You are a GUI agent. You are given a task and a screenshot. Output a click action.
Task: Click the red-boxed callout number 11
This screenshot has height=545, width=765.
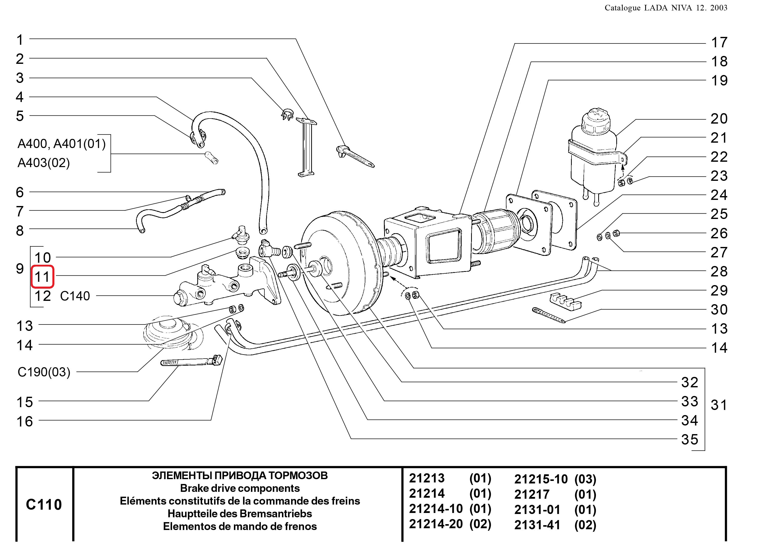42,277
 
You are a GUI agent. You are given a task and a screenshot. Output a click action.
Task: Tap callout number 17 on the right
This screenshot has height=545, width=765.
719,43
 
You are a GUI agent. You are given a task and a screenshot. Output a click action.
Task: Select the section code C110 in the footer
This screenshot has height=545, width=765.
44,504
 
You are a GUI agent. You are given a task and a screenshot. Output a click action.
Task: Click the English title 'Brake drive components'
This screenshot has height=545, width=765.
240,488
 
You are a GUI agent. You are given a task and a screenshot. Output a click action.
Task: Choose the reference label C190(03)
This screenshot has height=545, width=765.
44,372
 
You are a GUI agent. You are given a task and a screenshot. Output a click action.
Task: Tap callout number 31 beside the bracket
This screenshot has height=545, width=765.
719,405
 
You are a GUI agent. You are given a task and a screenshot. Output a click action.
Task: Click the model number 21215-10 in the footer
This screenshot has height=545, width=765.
541,479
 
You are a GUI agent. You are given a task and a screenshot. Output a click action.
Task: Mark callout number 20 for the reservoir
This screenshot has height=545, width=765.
719,119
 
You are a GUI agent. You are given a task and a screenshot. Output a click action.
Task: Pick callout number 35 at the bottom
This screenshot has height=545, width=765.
689,440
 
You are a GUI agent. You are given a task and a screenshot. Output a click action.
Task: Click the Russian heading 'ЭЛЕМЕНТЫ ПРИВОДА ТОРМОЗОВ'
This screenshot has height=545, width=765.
240,476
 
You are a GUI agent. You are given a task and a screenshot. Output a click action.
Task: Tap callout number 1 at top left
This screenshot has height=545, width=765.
20,40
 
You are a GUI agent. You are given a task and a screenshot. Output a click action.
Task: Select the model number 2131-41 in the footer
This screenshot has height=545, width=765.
537,525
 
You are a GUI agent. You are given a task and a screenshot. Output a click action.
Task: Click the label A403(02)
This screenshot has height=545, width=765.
44,163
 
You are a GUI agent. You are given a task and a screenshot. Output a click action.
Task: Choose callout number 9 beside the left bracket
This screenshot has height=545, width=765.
20,269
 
